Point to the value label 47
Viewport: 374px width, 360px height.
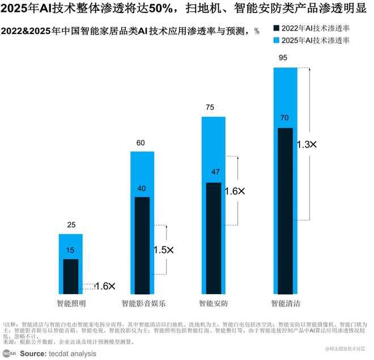[214, 171]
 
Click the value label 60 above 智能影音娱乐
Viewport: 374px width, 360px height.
[142, 143]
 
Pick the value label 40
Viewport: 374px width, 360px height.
[142, 188]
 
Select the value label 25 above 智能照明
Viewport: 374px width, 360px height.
[71, 225]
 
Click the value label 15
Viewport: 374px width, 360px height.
[71, 250]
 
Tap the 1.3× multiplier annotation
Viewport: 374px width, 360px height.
[307, 145]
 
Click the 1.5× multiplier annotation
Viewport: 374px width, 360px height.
[163, 249]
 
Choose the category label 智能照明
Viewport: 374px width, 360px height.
[71, 303]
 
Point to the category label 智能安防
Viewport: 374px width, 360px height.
[214, 303]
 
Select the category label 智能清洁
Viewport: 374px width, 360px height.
[286, 303]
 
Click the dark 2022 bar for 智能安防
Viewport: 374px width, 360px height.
[214, 238]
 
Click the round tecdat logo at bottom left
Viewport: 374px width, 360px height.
[10, 353]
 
